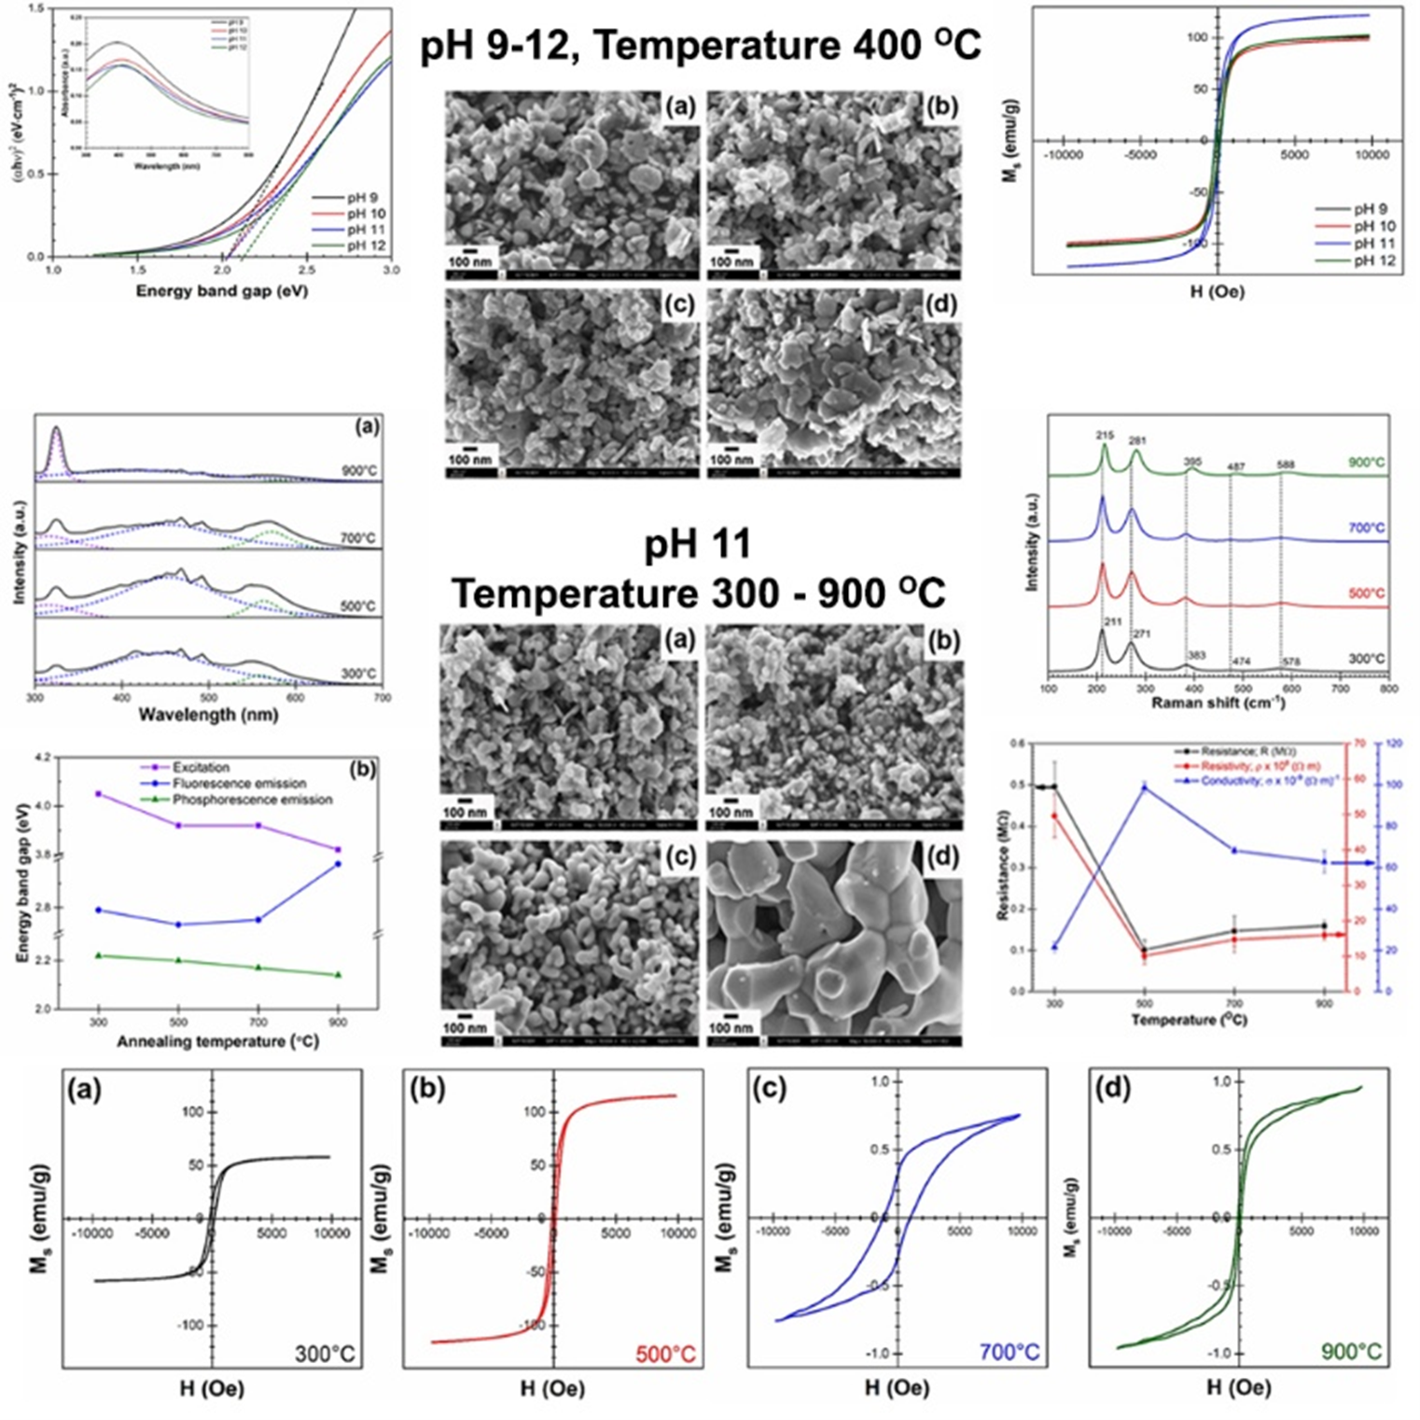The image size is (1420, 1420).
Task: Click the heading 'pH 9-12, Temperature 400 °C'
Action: coord(700,45)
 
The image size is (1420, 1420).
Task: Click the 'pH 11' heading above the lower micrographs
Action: coord(698,545)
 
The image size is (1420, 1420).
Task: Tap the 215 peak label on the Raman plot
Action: coord(1105,435)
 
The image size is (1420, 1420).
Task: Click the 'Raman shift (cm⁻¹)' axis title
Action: coord(1218,703)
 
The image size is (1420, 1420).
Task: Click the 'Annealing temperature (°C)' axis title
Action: coord(218,1041)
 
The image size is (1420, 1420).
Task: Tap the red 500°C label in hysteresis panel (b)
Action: coord(665,1354)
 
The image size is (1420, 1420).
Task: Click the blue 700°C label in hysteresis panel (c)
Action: coord(1009,1352)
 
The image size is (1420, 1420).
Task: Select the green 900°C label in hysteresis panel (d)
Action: coord(1351,1352)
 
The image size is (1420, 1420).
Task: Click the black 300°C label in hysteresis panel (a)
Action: coord(326,1354)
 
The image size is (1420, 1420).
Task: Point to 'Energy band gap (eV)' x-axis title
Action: coord(222,291)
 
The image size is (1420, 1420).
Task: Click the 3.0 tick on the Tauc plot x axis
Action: coord(391,270)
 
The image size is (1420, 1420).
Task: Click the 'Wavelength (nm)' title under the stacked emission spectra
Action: coord(208,716)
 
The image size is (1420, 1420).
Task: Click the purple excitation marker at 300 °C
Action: coord(99,794)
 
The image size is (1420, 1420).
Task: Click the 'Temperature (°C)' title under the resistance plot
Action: coord(1189,1020)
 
